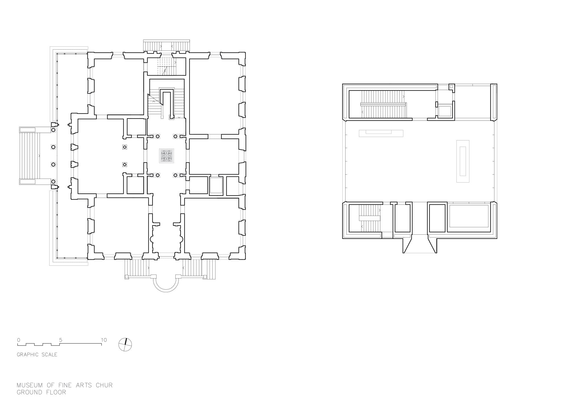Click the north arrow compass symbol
click(x=125, y=345)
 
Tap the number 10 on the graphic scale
click(x=104, y=340)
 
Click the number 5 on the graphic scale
click(x=61, y=340)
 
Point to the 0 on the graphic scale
click(x=19, y=340)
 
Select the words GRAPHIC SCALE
click(x=37, y=355)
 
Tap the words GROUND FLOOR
click(x=41, y=392)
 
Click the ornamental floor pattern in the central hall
click(x=167, y=156)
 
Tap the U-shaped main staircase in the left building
click(x=166, y=103)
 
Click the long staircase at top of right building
click(x=383, y=104)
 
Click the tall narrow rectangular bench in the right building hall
click(x=463, y=161)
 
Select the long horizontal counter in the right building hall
click(x=381, y=133)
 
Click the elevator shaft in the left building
click(x=216, y=186)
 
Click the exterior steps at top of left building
click(x=166, y=46)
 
